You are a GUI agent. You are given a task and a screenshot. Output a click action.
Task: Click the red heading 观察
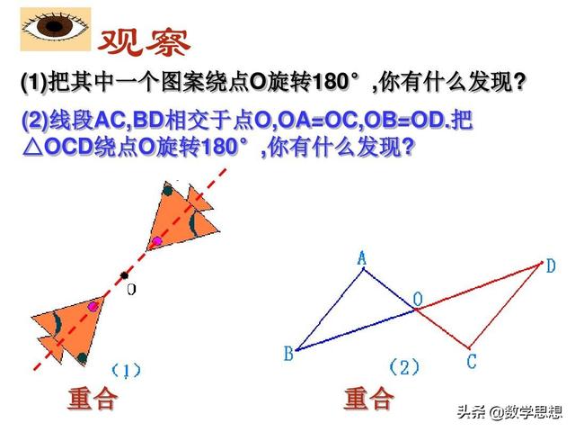(x=143, y=40)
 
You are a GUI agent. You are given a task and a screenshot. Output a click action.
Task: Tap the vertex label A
(x=362, y=258)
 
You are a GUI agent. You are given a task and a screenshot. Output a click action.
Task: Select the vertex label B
(x=288, y=354)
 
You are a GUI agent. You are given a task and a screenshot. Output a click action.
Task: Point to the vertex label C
(x=471, y=362)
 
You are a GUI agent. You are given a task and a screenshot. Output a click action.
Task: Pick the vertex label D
(x=551, y=265)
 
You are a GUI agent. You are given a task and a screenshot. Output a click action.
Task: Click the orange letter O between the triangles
(x=418, y=298)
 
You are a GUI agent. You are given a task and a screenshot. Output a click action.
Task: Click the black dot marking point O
(x=125, y=275)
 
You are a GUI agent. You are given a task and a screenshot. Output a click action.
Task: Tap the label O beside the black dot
(x=131, y=290)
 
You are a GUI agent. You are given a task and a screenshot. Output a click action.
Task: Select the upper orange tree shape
(x=181, y=221)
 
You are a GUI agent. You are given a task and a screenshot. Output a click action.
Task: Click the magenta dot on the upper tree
(x=157, y=241)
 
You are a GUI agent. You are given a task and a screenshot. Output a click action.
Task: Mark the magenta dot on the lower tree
(x=93, y=307)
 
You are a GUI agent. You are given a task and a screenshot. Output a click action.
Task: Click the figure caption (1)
(x=126, y=370)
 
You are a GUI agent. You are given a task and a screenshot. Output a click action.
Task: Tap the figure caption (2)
(x=404, y=366)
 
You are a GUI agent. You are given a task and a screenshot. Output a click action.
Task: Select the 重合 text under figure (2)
(x=368, y=399)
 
